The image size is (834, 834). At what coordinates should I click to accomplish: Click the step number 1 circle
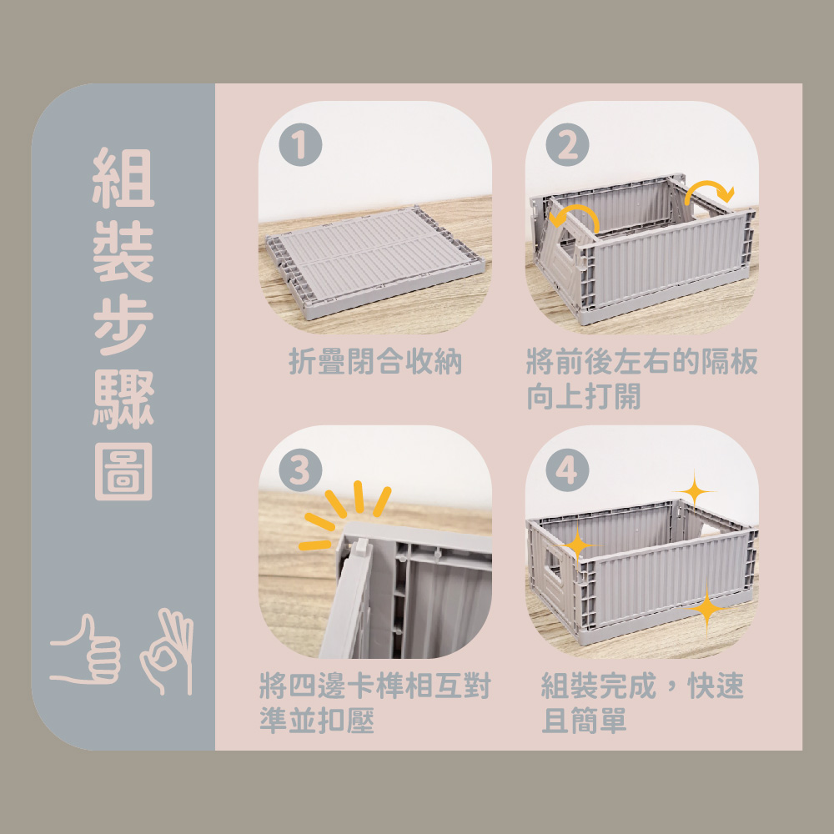(x=300, y=144)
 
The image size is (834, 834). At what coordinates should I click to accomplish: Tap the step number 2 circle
(x=567, y=144)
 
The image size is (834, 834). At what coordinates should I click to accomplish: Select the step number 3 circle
(x=300, y=470)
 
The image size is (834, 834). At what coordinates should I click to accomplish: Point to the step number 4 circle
(x=567, y=470)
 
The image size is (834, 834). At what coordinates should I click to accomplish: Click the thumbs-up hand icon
(x=85, y=650)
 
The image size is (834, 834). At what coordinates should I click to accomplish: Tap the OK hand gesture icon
(x=167, y=651)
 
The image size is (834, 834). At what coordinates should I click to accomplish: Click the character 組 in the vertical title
(x=123, y=178)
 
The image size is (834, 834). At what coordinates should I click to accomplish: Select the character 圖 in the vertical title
(x=123, y=472)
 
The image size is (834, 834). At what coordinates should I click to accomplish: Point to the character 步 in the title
(x=123, y=324)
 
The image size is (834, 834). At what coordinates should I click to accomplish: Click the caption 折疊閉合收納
(x=375, y=362)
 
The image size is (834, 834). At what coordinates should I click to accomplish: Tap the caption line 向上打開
(x=584, y=396)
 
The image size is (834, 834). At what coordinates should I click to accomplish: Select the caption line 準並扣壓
(x=317, y=721)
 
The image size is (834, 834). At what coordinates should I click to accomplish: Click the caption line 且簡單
(x=584, y=721)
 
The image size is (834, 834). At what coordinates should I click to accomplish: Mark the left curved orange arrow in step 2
(x=575, y=208)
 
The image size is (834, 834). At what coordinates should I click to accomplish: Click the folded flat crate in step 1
(x=375, y=262)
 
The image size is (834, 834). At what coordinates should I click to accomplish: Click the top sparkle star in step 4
(x=694, y=490)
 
